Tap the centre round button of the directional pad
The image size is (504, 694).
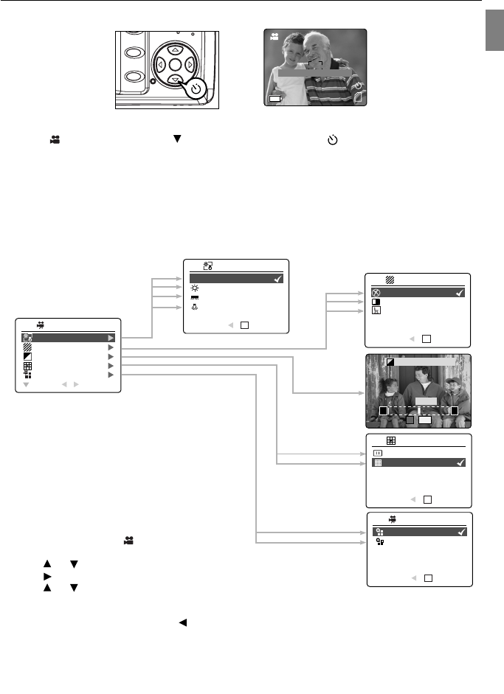175,64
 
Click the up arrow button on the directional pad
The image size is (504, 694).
175,49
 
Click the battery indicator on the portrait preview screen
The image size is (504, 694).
275,97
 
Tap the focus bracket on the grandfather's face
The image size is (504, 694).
316,65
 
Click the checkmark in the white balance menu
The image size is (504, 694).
277,280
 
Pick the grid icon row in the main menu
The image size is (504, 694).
28,365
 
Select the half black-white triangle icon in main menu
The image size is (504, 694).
28,355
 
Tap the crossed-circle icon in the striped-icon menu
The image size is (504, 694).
376,292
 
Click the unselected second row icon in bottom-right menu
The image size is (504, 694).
379,542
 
